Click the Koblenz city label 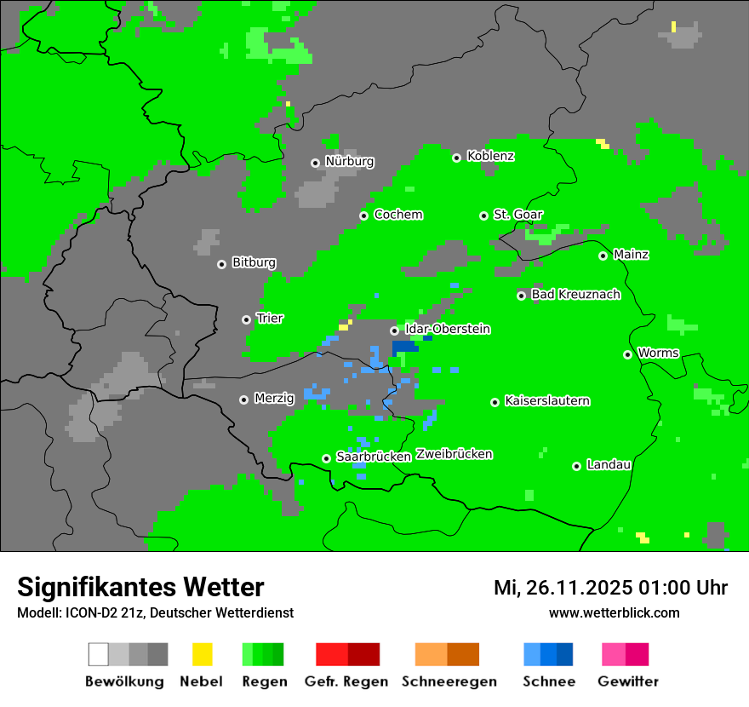[x=490, y=156]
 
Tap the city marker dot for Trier [x=246, y=319]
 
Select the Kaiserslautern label [x=546, y=400]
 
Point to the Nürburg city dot [x=315, y=162]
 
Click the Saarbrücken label [x=374, y=457]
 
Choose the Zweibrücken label [x=454, y=454]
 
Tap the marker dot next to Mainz [x=603, y=256]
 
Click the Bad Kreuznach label [x=575, y=295]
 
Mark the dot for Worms [x=627, y=354]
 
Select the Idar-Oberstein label [x=448, y=329]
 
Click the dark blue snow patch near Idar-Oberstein [x=405, y=347]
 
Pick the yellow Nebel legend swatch [x=202, y=654]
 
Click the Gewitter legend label [x=628, y=681]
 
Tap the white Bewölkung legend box [x=99, y=654]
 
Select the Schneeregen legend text [x=449, y=681]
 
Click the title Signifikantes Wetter [x=140, y=587]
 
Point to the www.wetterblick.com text [x=614, y=613]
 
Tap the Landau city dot [x=576, y=466]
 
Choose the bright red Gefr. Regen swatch [x=331, y=654]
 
